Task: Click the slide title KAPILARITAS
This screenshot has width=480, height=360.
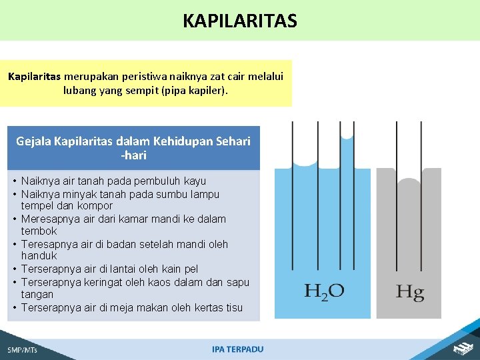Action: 240,21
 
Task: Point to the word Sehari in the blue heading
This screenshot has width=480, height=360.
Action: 233,141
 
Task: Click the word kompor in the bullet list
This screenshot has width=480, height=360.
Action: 95,206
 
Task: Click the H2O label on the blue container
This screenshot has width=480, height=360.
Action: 324,291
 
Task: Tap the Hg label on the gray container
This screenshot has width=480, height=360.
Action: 409,292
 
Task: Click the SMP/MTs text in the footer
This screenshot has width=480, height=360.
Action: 23,349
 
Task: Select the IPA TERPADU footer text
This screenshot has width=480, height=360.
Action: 238,349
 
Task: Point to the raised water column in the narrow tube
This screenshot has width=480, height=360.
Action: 346,200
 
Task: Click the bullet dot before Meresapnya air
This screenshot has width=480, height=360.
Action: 14,219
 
